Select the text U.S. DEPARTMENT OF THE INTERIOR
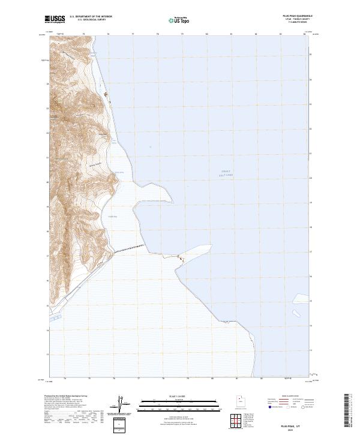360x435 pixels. (x=91, y=16)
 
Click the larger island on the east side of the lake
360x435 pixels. (x=296, y=313)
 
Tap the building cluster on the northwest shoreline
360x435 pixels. (x=107, y=94)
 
